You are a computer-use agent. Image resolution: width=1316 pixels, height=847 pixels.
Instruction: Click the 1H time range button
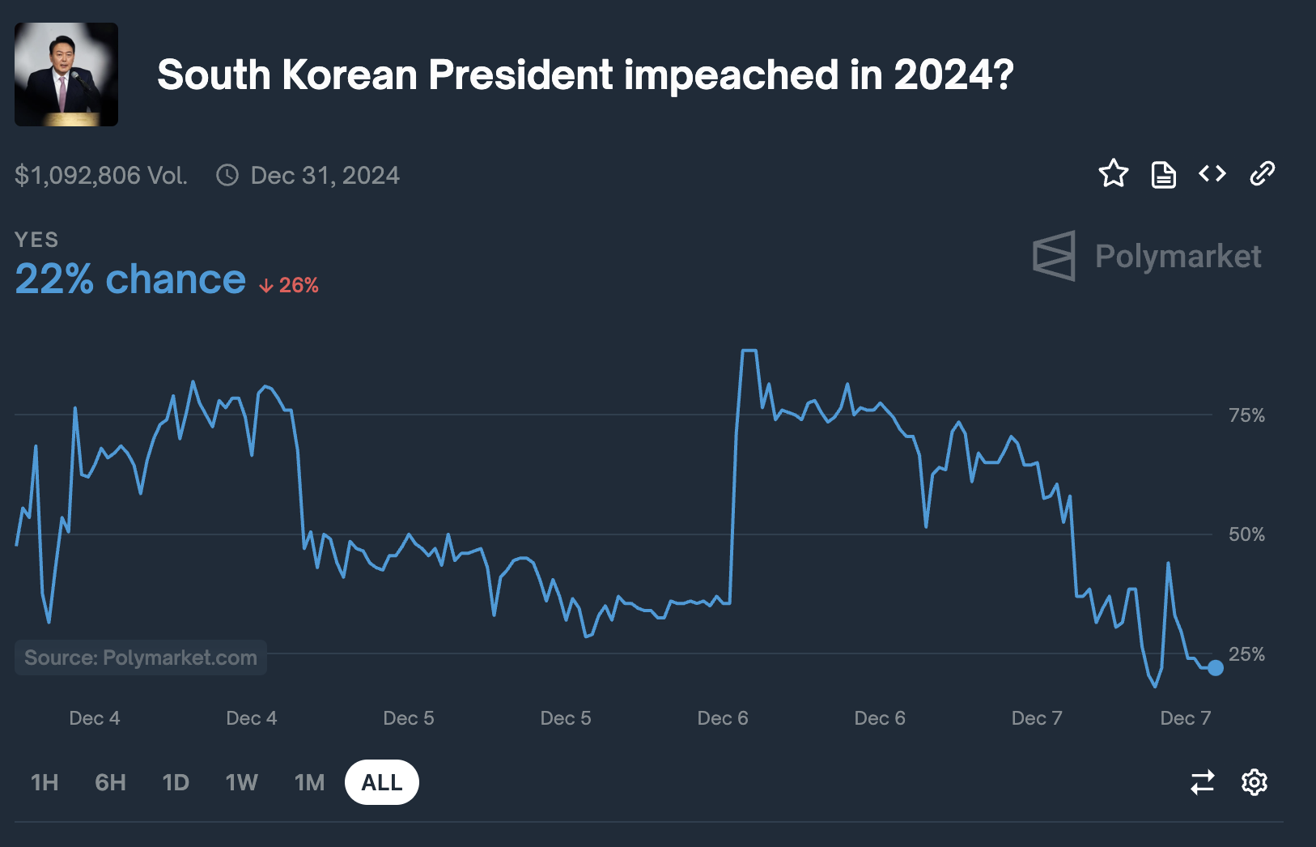(x=45, y=782)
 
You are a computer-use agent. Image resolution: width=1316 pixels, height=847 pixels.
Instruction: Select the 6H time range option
(x=110, y=782)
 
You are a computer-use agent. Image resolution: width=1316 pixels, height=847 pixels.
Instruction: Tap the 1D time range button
(x=176, y=782)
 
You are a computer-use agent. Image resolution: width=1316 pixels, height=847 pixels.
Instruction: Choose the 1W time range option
(x=242, y=782)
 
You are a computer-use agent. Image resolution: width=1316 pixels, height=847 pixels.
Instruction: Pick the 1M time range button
(x=310, y=782)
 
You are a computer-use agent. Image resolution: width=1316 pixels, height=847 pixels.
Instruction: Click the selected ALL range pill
(x=382, y=782)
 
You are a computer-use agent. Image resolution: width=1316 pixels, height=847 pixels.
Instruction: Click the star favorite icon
(x=1114, y=174)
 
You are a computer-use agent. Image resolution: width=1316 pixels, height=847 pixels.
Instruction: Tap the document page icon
(x=1163, y=175)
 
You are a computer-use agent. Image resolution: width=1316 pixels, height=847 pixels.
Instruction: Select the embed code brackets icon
(x=1212, y=173)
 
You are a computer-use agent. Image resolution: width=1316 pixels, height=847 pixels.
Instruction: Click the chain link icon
(x=1262, y=173)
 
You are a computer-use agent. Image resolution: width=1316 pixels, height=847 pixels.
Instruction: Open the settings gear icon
(x=1254, y=782)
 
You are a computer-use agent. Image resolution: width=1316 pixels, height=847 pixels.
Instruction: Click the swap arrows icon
(x=1202, y=782)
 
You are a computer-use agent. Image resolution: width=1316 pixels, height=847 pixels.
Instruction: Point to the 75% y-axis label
(x=1246, y=415)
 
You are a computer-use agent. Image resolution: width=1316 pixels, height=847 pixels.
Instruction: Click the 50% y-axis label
(x=1246, y=534)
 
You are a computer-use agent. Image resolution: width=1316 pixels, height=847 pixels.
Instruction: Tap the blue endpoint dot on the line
(x=1216, y=668)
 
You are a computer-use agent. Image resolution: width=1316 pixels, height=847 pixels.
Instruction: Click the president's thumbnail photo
(x=66, y=74)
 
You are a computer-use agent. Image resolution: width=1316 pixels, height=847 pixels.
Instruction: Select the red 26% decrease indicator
(x=288, y=285)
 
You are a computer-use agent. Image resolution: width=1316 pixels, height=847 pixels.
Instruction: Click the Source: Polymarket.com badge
(x=141, y=658)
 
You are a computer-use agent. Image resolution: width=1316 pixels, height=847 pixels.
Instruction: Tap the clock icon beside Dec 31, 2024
(x=227, y=175)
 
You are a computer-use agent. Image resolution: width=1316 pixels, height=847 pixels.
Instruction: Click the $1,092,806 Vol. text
(x=101, y=175)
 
